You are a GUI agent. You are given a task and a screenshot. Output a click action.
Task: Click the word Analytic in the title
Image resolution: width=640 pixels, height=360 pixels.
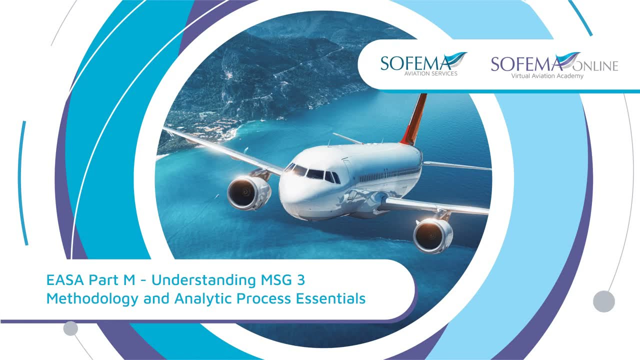click(202, 299)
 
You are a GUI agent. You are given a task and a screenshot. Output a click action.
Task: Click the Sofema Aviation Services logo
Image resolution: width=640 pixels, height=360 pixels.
click(423, 63)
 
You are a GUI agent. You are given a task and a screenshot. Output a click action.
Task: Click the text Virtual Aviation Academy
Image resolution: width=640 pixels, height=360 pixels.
click(547, 76)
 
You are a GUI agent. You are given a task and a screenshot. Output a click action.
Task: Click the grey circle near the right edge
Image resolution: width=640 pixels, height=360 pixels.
click(603, 301)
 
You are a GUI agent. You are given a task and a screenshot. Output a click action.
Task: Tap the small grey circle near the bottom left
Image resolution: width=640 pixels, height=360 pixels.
click(70, 328)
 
